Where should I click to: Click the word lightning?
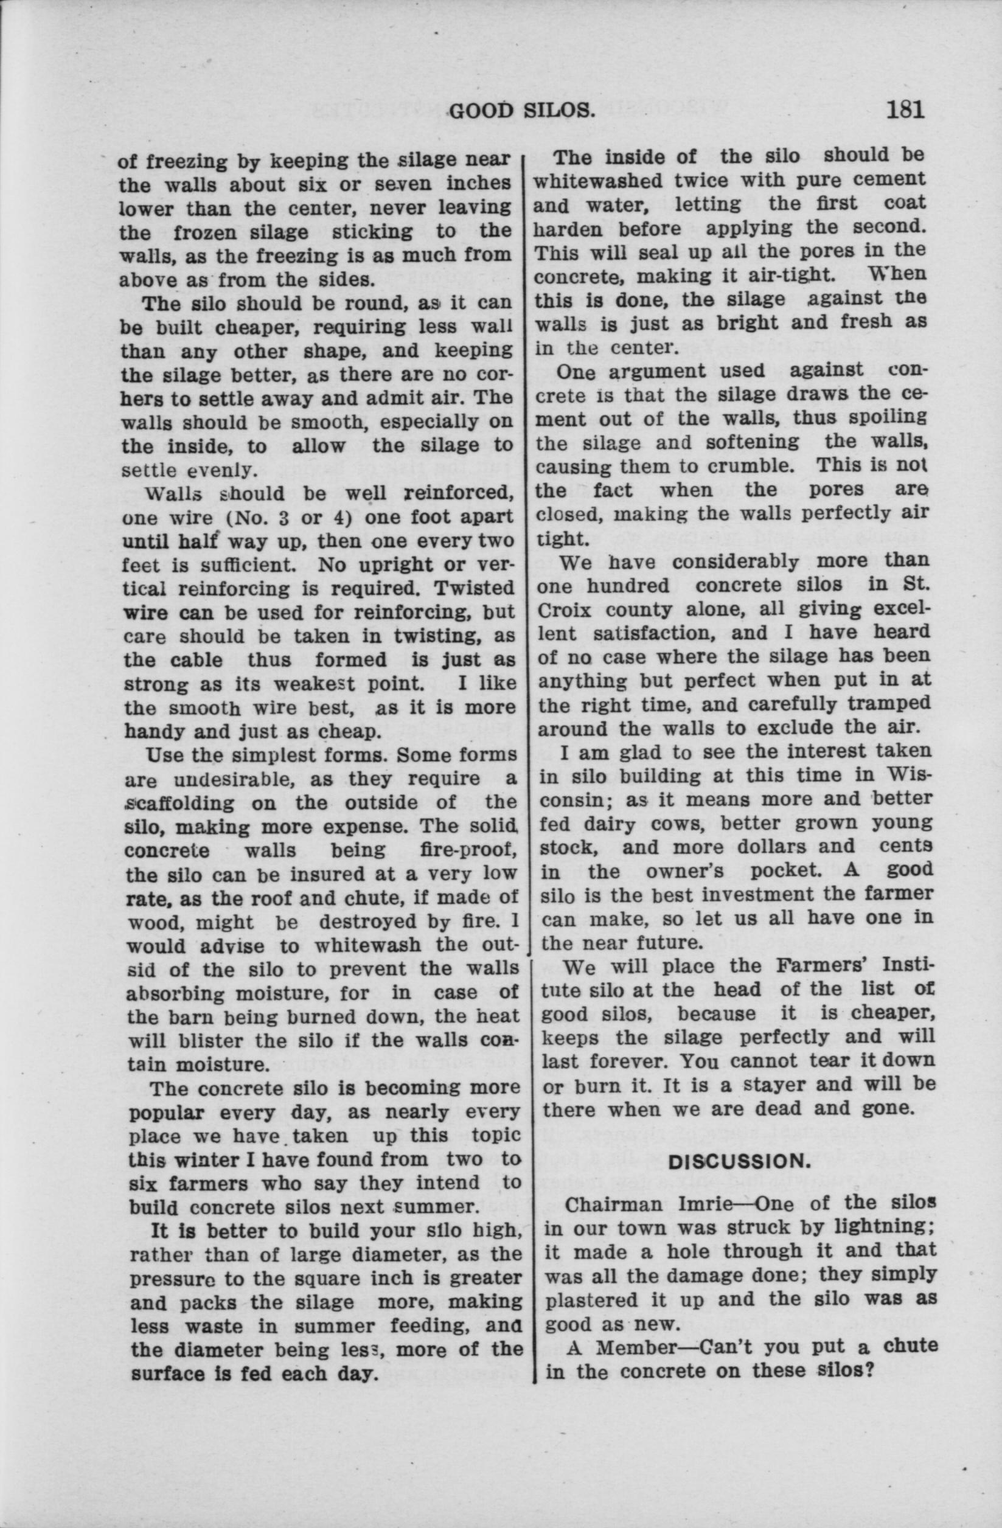[880, 1227]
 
